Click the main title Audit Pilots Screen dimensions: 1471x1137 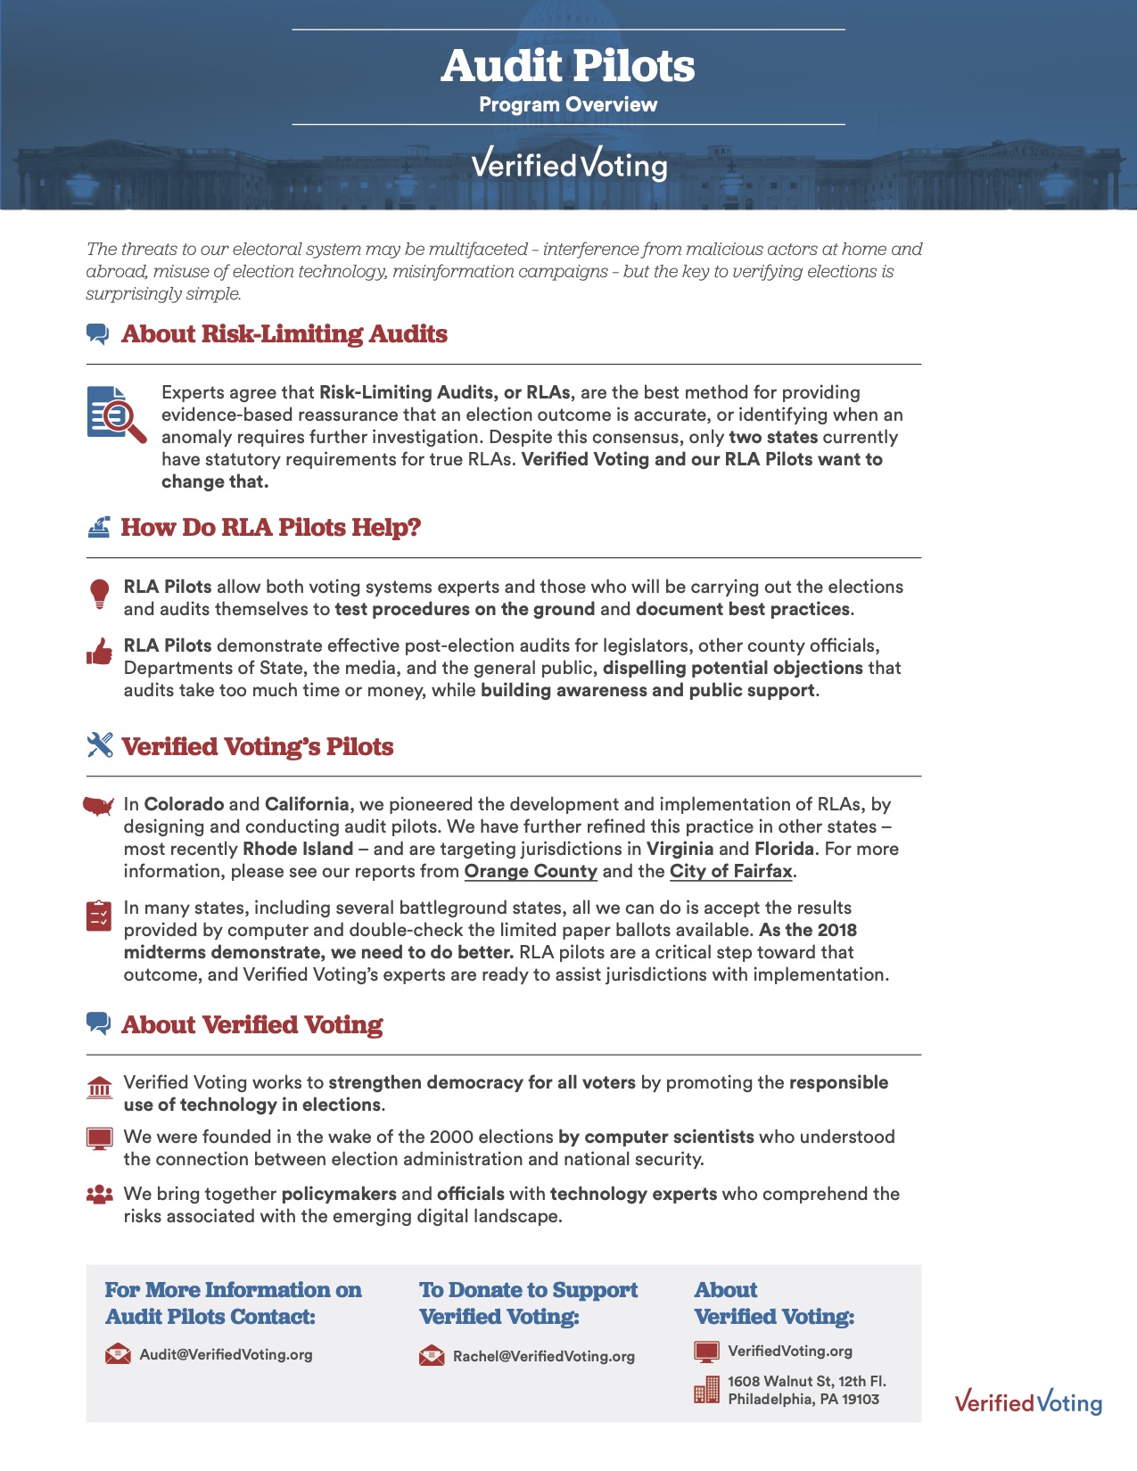tap(568, 65)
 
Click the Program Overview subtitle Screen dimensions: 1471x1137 tap(568, 105)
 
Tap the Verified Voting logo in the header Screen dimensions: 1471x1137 tap(569, 164)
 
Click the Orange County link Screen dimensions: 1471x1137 tap(531, 871)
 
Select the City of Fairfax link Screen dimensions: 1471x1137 tap(731, 871)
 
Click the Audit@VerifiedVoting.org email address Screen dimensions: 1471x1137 tap(226, 1355)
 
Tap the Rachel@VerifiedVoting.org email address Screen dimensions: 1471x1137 tap(543, 1357)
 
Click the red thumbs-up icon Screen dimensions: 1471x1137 tap(100, 653)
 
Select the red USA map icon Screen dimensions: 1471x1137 tap(99, 807)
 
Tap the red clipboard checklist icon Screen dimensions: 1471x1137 tap(99, 916)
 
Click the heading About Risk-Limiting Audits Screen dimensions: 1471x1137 tap(284, 334)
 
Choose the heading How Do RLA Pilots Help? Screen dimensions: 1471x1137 tap(270, 528)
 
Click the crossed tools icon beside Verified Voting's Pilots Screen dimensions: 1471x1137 tap(100, 745)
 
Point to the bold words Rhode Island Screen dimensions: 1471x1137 tap(298, 849)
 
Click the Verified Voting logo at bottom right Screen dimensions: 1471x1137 tap(1028, 1401)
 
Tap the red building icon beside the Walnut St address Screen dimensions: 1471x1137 tap(706, 1390)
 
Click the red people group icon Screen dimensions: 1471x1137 tap(100, 1195)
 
